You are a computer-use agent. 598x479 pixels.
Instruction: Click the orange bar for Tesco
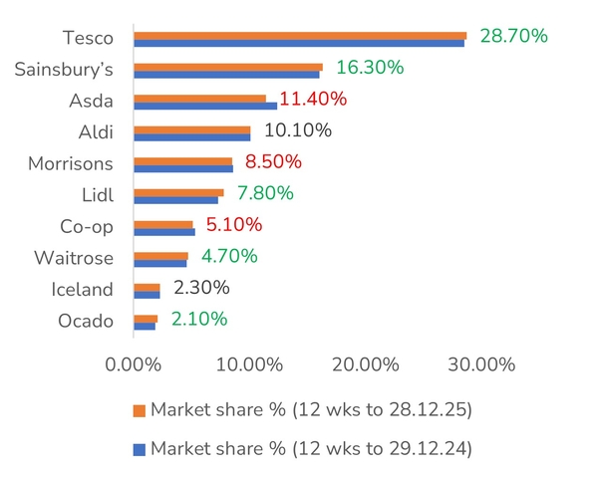(299, 36)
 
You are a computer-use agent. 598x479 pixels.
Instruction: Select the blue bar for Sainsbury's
(226, 74)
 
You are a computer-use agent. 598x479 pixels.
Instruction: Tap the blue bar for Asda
(204, 106)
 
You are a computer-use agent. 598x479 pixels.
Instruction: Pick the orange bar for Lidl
(178, 193)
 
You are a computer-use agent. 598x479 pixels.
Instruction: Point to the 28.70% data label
(514, 36)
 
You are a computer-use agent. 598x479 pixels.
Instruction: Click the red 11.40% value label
(313, 100)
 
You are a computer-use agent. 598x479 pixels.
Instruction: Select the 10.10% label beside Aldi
(297, 130)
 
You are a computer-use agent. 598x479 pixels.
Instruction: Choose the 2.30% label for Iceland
(201, 288)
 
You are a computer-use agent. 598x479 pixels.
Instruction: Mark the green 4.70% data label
(229, 256)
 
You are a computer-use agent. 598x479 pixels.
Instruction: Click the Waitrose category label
(74, 258)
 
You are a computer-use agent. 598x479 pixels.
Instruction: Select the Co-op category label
(85, 226)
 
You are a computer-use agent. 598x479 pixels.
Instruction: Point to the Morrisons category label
(70, 162)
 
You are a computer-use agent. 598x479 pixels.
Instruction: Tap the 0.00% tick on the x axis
(134, 364)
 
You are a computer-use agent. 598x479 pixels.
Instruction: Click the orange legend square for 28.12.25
(140, 410)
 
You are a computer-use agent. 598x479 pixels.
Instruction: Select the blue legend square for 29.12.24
(140, 448)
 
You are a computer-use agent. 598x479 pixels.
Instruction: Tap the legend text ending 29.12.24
(311, 448)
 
